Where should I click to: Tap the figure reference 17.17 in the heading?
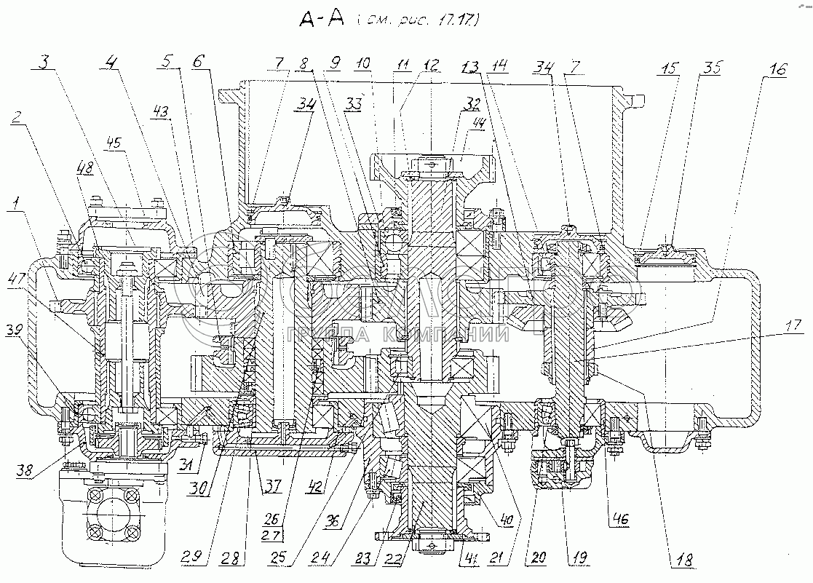[457, 22]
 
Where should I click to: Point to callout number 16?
[777, 70]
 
